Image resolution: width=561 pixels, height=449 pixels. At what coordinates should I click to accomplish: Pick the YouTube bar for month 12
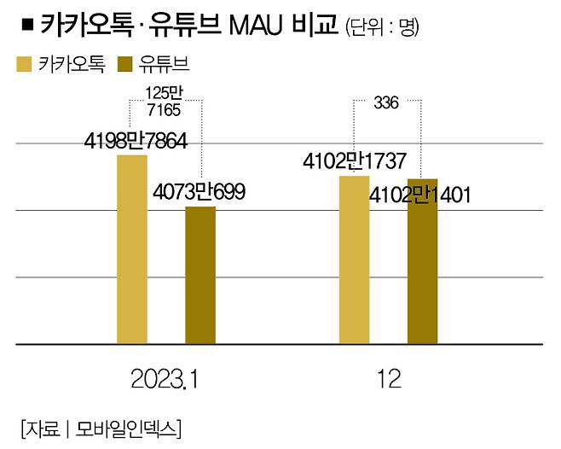tap(422, 261)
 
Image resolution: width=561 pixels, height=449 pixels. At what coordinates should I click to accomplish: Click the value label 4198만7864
tap(136, 142)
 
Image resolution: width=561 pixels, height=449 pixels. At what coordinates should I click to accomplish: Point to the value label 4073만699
tap(200, 193)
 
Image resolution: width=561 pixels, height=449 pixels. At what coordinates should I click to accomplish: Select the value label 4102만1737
tap(355, 161)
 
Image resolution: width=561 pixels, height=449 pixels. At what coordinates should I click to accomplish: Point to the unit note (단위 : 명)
tap(383, 27)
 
